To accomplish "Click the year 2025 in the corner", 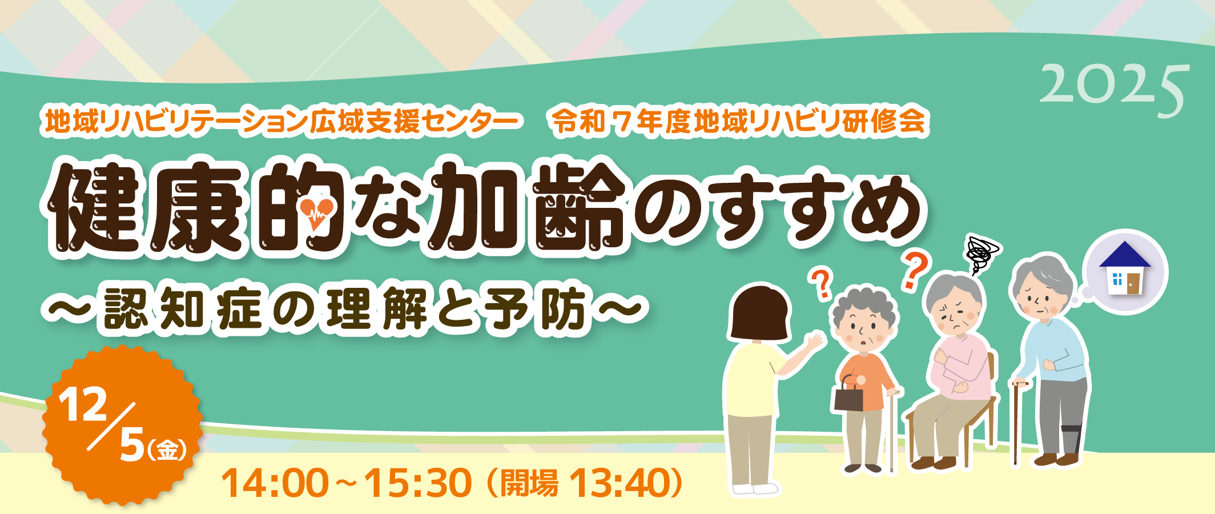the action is point(1114,91).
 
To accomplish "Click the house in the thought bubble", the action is point(1125,268).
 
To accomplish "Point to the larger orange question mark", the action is point(915,270).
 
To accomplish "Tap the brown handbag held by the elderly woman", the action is point(848,393).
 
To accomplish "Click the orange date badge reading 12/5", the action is point(122,425).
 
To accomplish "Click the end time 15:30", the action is point(418,483).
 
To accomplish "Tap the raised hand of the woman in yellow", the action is point(814,343).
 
